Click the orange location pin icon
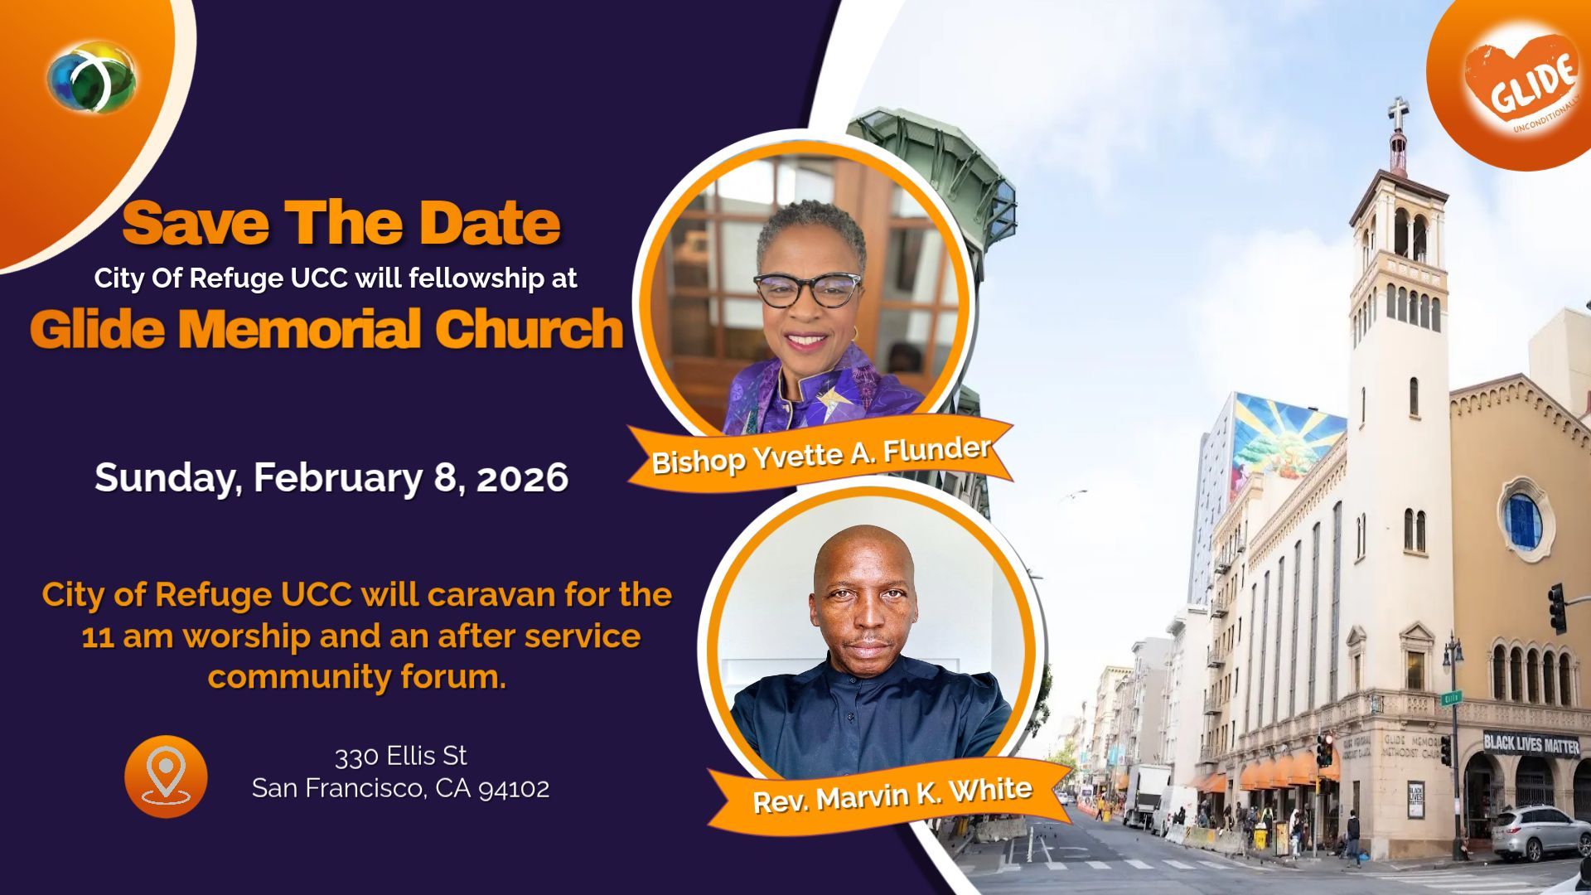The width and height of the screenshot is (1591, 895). [166, 776]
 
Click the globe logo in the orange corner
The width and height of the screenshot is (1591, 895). [91, 78]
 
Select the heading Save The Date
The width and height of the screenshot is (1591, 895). [341, 223]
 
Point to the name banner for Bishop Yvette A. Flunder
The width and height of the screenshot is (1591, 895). [820, 454]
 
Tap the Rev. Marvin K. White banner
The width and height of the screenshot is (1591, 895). [892, 793]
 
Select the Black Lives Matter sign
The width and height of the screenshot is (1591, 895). [1531, 744]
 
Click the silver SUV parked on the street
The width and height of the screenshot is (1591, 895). [1541, 833]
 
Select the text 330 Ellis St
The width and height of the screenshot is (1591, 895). [401, 756]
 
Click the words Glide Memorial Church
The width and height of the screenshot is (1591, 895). [326, 328]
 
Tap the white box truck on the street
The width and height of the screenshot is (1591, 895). [1147, 796]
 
